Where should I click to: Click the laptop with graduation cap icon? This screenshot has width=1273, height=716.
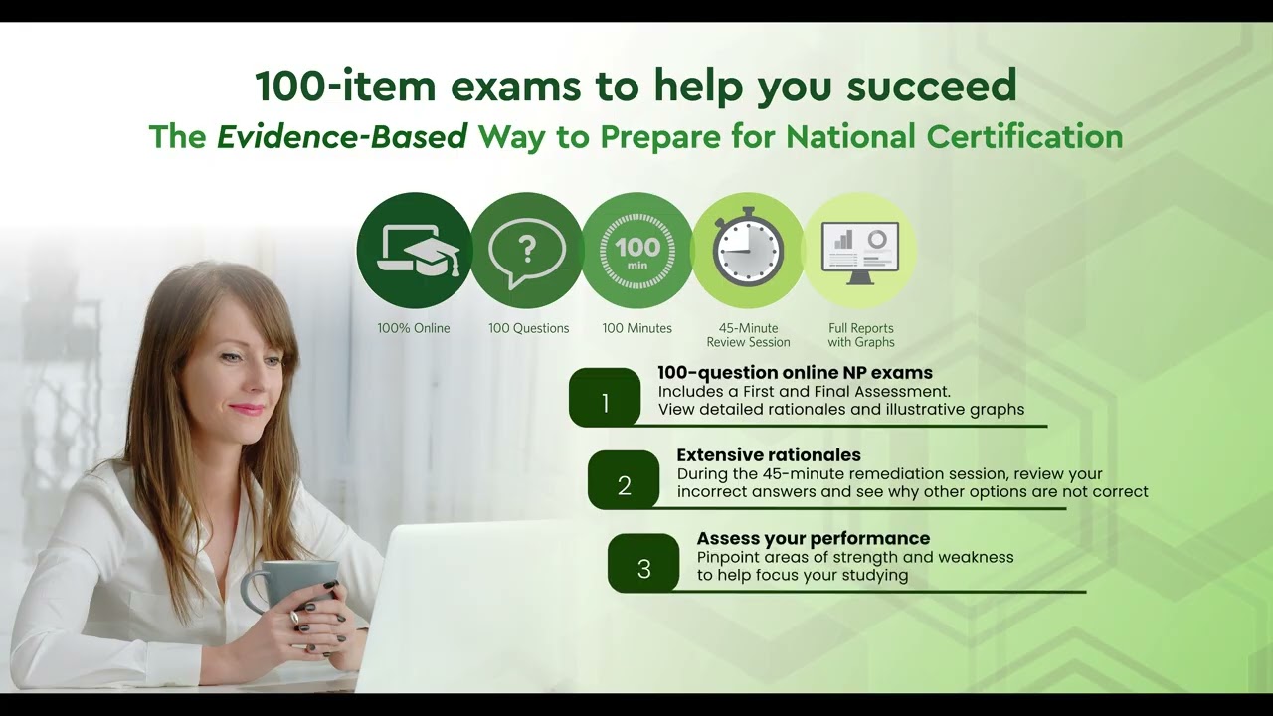point(414,251)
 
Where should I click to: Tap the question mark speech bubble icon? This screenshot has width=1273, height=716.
point(527,251)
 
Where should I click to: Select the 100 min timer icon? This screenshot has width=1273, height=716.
point(637,251)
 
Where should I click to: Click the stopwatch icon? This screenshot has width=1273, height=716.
point(748,250)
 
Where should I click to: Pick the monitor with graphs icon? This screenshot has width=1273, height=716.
point(860,251)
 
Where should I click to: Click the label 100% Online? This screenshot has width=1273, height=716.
point(414,328)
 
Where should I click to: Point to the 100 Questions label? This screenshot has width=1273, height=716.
point(528,328)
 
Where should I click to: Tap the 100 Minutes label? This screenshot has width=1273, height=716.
point(637,328)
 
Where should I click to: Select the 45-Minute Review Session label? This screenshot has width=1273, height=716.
point(748,335)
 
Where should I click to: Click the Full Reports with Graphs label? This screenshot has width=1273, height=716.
point(861,335)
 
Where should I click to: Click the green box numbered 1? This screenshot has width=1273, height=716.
point(605,398)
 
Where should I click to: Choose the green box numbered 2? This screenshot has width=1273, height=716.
point(624,480)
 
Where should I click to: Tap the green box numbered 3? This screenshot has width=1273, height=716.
point(643,564)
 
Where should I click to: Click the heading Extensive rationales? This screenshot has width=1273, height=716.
point(769,455)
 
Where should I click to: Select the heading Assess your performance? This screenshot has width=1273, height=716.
point(813,539)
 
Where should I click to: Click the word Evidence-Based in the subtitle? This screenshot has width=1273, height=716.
point(342,137)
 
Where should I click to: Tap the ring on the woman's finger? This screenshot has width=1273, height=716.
point(294,618)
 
